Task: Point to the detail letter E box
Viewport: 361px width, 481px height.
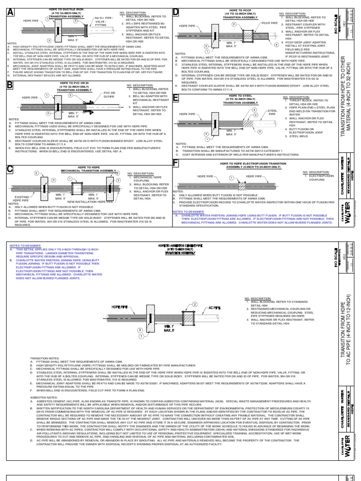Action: point(177,98)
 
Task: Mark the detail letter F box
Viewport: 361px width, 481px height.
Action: point(177,163)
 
